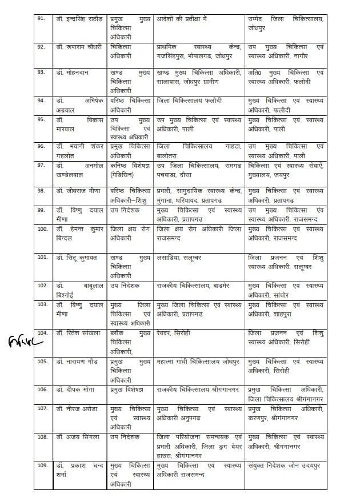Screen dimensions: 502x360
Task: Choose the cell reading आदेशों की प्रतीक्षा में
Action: coord(182,19)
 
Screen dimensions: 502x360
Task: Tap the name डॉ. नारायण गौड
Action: coord(78,362)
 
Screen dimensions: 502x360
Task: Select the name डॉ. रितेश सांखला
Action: coord(78,333)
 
